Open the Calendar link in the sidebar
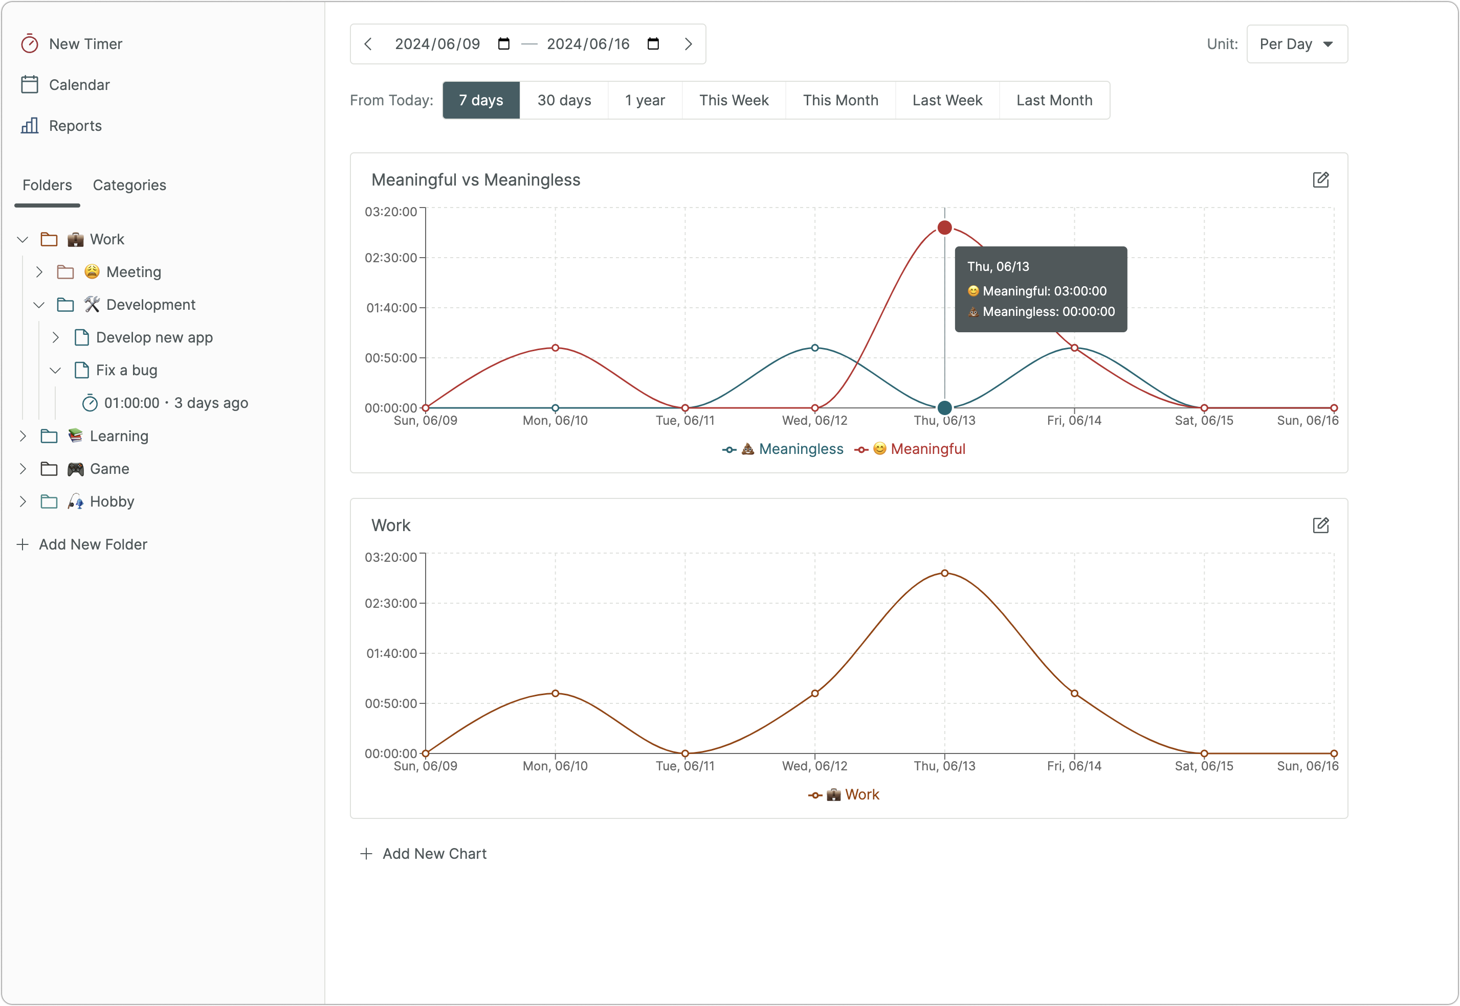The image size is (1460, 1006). coord(65,85)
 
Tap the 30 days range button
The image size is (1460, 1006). coord(564,100)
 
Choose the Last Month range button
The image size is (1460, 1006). coord(1054,100)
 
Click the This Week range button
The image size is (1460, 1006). coord(734,100)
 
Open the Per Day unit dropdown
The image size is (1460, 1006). coord(1297,44)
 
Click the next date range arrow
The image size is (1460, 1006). coord(688,44)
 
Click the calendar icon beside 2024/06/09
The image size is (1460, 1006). coord(503,43)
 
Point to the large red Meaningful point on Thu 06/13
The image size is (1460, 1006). coord(944,227)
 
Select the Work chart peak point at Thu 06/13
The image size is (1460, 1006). coord(944,573)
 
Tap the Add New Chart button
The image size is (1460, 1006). coord(423,854)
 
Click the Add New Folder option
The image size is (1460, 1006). coord(83,544)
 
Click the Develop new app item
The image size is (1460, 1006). coord(154,338)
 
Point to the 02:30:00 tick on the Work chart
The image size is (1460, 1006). coord(391,603)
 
